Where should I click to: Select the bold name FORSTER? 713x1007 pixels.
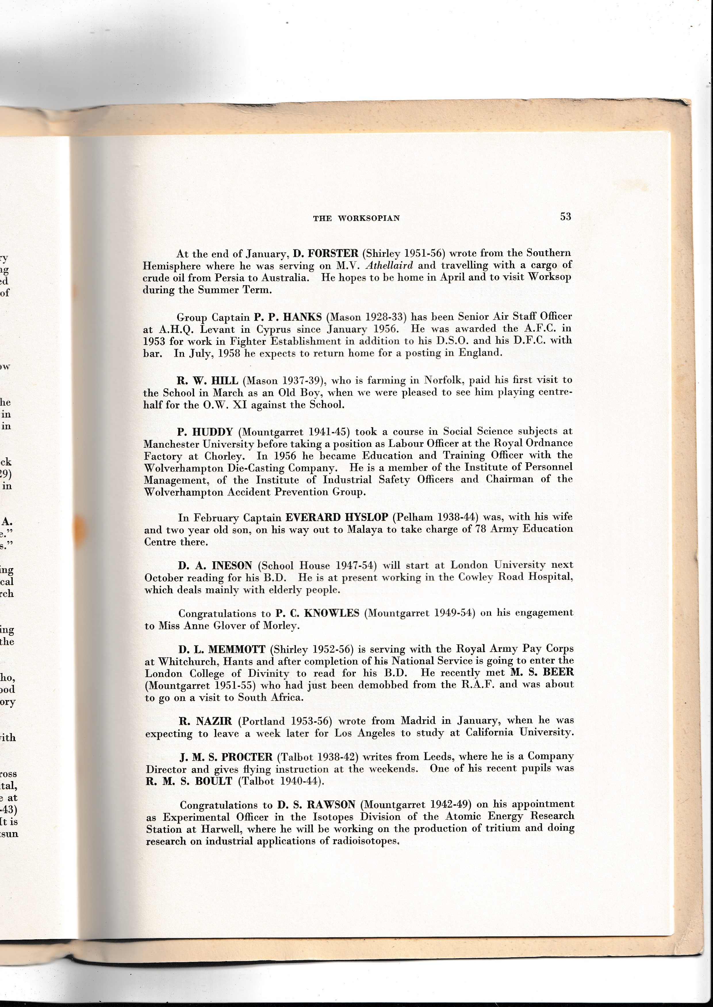(x=332, y=254)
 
